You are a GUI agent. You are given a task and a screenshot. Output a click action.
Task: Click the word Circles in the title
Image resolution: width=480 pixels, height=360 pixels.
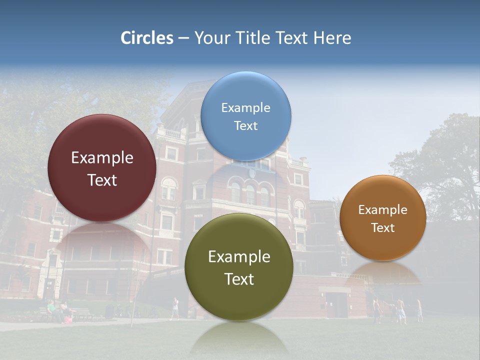coord(147,38)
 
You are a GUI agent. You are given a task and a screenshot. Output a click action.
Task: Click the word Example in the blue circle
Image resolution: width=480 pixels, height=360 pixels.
coord(245,107)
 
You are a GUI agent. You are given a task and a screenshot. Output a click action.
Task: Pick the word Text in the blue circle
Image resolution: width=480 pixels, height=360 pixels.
coord(245,125)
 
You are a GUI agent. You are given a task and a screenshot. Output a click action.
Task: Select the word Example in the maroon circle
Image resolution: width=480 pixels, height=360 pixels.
coord(102,157)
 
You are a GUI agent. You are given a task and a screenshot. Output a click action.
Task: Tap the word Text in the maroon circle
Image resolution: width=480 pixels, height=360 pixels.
coord(102,180)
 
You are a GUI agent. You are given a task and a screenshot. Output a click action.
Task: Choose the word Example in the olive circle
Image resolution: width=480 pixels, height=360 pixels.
coord(239,256)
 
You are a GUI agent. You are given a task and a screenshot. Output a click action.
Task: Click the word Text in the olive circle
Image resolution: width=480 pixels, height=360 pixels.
coord(239,279)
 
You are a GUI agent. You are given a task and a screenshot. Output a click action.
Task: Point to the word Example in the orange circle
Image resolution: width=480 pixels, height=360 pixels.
coord(382,209)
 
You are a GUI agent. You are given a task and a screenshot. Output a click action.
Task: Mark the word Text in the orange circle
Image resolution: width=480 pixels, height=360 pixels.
coord(382,227)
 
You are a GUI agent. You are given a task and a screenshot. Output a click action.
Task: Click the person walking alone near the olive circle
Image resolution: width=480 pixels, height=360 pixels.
coord(174,308)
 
